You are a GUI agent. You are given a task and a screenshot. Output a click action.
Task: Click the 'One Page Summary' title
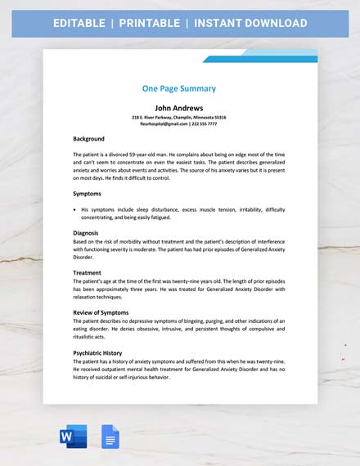[178, 88]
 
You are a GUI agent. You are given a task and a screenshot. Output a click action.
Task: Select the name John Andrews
[178, 107]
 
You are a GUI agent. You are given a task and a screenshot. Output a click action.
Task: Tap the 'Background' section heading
[88, 139]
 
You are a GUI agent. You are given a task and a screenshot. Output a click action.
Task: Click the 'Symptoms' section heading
[87, 194]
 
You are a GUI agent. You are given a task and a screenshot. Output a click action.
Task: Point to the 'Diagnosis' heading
[86, 233]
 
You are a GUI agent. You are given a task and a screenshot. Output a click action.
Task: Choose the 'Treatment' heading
[87, 272]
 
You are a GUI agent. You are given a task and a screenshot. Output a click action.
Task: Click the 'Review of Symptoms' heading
[101, 312]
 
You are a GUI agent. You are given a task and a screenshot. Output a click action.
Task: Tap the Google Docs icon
[110, 437]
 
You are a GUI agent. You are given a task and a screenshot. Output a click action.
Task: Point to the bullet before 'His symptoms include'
[74, 210]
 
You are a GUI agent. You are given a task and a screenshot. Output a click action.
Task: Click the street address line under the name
[178, 117]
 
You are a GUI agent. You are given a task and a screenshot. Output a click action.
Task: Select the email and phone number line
[178, 124]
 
